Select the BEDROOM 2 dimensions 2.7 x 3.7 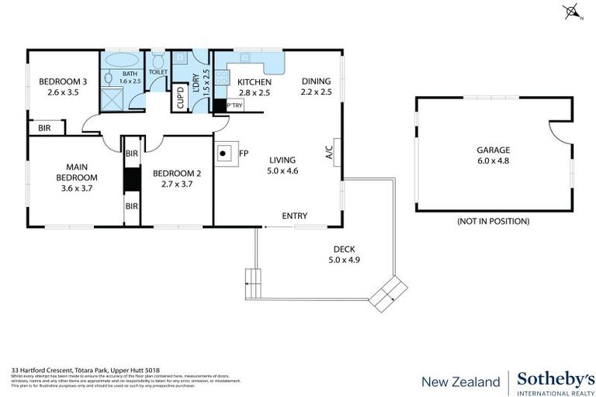click(177, 184)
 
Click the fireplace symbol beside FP click(227, 154)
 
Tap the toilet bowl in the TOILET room click(157, 60)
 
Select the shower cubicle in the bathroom click(113, 101)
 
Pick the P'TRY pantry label click(233, 105)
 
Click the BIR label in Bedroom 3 click(44, 128)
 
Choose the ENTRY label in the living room click(294, 216)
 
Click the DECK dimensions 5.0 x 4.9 click(343, 261)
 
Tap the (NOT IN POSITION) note click(494, 221)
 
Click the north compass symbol click(572, 11)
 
